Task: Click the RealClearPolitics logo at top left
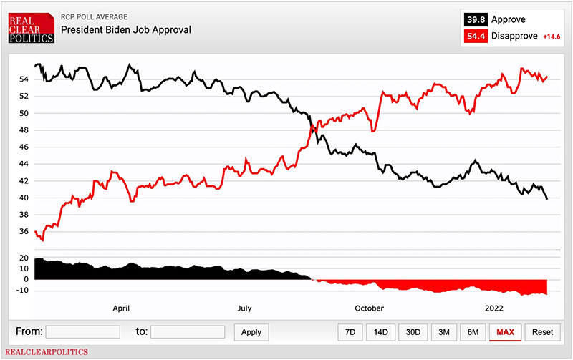coord(31,26)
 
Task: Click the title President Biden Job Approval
coord(125,30)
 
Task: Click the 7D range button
coord(350,332)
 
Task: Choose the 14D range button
coord(380,332)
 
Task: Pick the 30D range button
coord(413,332)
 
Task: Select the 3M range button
coord(444,332)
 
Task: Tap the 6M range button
coord(473,332)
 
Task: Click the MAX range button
coord(505,332)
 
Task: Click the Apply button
coord(251,332)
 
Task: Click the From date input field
coord(82,332)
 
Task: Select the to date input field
coord(188,332)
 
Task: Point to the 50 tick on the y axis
coord(24,113)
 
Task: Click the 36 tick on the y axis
coord(24,231)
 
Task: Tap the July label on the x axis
coord(244,308)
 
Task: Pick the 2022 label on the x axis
coord(493,308)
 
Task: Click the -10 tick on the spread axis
coord(21,291)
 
